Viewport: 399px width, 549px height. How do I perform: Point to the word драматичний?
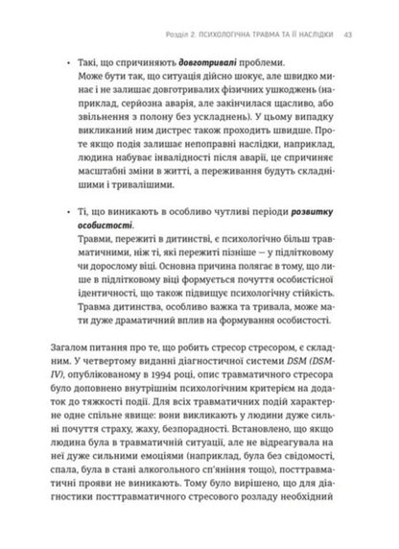[x=146, y=369]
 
